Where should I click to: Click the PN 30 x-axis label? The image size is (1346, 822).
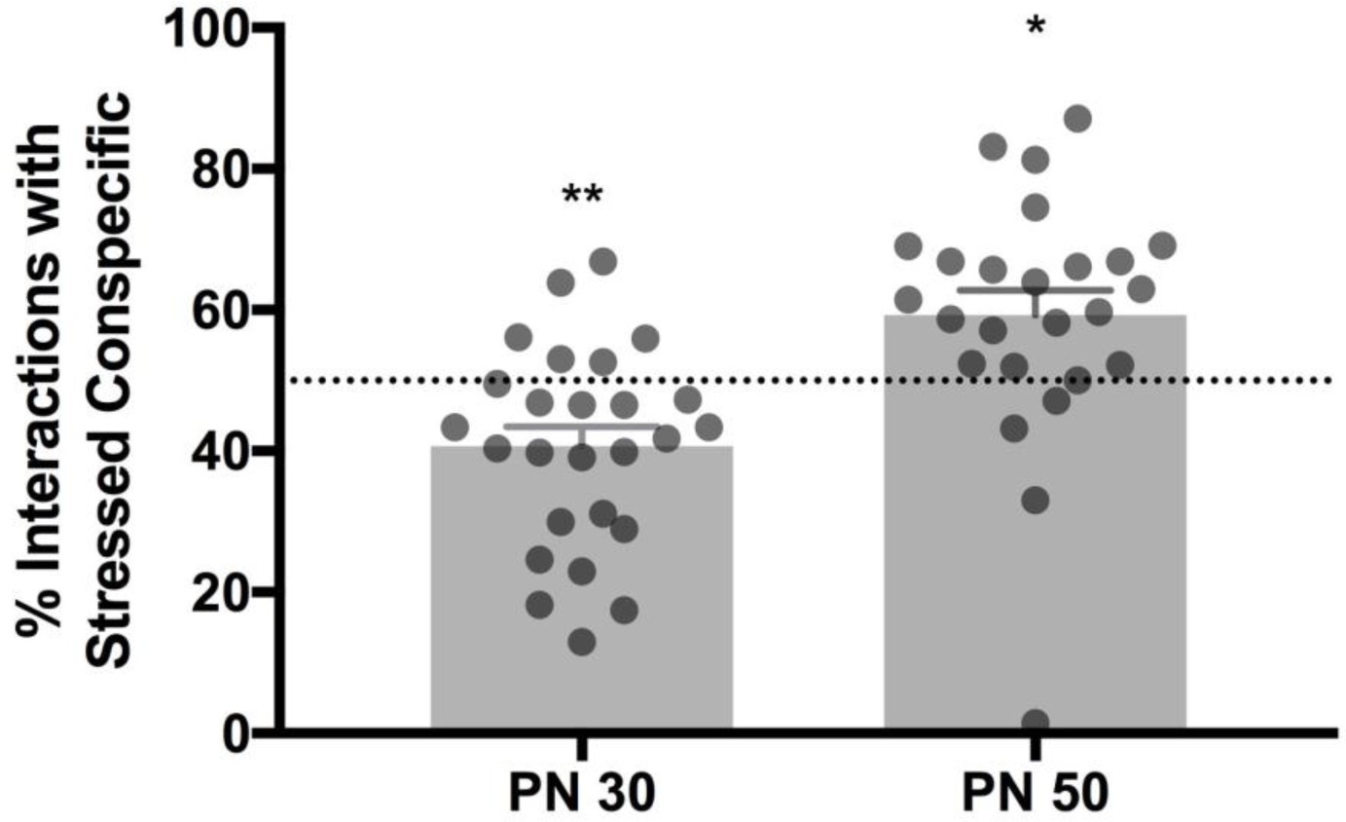[581, 793]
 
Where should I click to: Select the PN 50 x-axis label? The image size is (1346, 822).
[1035, 793]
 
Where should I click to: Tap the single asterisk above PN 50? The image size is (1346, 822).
[1035, 27]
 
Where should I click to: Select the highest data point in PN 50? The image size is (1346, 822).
[1077, 119]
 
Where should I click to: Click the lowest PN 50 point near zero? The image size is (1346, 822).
[1035, 722]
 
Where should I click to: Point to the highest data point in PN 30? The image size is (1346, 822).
[603, 261]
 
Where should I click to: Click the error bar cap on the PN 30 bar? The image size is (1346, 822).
[581, 427]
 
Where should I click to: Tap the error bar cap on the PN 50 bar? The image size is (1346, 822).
[1035, 290]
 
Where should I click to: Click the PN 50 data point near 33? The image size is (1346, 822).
[1035, 500]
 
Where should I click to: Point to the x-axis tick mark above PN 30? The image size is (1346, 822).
[581, 746]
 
